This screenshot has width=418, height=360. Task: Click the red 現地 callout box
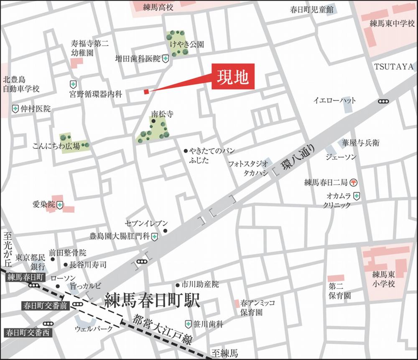coord(233,77)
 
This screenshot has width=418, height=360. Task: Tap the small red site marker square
coord(146,92)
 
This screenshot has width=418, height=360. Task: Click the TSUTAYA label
coord(393,66)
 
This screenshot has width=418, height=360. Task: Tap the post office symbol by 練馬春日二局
coord(354,182)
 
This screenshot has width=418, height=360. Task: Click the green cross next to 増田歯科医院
coord(166,59)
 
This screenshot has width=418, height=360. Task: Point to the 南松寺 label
coord(162,114)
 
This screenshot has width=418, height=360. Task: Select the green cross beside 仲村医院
coord(15,109)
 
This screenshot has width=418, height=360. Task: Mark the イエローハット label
coord(335,100)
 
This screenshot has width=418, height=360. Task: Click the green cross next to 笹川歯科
coord(189,324)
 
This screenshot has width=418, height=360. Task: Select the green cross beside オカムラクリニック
coord(356,195)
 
